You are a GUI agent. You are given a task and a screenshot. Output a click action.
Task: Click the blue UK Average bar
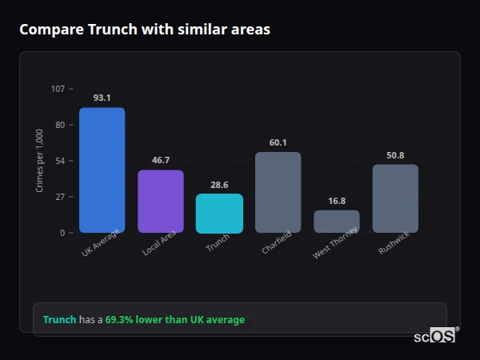coord(102,170)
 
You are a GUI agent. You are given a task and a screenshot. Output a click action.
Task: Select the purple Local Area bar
coord(160,202)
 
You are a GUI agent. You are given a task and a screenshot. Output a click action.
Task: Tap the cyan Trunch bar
coord(219,214)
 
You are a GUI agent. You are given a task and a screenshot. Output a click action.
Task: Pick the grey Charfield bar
coord(278,192)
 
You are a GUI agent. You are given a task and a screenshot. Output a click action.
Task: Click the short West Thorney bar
coord(337,222)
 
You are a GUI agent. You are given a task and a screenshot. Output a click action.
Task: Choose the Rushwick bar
coord(395,198)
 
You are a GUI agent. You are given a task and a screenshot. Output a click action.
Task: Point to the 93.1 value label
coord(102,98)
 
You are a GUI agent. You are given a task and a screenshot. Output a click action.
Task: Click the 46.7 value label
coord(160,160)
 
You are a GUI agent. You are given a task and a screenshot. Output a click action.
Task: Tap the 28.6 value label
coord(219,184)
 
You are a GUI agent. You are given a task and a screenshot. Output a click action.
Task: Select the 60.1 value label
coord(278,142)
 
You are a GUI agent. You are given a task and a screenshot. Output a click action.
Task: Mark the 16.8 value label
coord(337,201)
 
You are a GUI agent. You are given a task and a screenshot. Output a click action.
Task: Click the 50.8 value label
coord(395,155)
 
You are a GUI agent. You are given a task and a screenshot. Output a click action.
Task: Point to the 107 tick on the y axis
coord(58,88)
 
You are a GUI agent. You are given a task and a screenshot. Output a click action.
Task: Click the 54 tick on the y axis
coord(60,161)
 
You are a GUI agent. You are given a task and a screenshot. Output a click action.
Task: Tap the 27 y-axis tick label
coord(60,197)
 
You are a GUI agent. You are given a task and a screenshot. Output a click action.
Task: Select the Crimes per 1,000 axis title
coord(40,161)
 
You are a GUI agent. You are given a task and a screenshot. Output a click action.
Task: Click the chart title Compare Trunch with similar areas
coord(144,30)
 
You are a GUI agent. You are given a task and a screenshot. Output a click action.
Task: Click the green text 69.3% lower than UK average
coord(175,320)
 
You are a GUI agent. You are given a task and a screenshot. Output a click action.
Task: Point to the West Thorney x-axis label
coord(336,243)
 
